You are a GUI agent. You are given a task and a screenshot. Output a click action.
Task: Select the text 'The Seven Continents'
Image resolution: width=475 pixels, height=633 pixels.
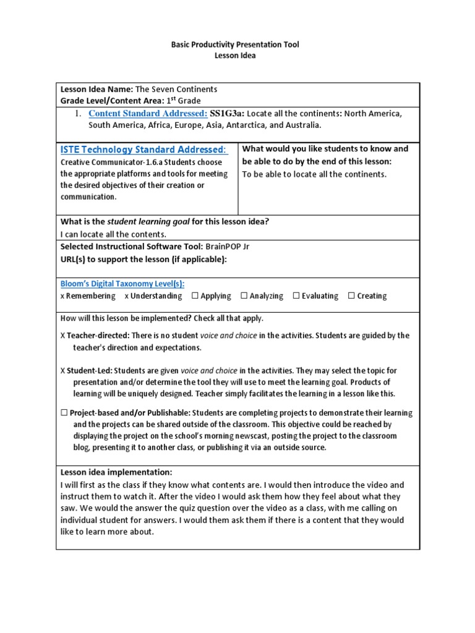click(x=176, y=89)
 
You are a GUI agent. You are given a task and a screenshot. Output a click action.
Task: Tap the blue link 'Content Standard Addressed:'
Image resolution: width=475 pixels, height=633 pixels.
click(x=148, y=113)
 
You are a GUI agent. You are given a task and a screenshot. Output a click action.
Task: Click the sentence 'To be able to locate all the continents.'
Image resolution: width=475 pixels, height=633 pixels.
click(x=314, y=174)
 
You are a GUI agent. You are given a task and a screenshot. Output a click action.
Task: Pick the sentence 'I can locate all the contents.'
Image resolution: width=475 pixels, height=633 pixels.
click(x=113, y=234)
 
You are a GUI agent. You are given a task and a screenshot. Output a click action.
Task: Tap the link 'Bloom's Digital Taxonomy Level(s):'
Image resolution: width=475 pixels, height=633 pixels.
click(x=122, y=284)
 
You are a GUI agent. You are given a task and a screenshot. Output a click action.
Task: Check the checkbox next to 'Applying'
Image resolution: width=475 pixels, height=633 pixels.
click(x=195, y=296)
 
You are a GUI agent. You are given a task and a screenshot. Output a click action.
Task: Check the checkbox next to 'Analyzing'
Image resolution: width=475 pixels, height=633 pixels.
click(x=244, y=296)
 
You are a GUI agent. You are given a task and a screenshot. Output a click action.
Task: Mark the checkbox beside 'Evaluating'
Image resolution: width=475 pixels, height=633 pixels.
click(x=296, y=296)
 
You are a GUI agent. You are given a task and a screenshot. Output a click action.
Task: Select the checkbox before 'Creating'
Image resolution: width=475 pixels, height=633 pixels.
click(x=351, y=296)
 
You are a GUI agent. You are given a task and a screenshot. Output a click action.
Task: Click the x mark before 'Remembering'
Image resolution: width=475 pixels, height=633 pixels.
click(x=62, y=296)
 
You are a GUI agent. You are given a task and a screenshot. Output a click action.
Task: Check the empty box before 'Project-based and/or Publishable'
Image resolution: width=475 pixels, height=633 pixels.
click(x=64, y=413)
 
